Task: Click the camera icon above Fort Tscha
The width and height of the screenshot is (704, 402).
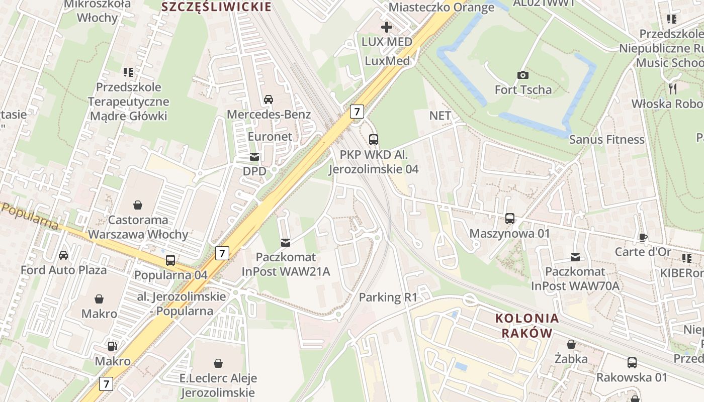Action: pos(523,75)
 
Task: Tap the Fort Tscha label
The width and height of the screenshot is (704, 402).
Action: pos(523,90)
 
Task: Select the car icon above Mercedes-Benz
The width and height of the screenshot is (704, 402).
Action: pos(269,99)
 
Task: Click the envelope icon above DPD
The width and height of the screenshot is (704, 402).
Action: pos(254,157)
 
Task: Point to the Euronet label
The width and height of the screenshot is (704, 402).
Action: pos(270,137)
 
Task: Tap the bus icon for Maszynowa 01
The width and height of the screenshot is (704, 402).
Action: pos(509,219)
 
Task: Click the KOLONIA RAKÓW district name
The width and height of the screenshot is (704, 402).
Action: pos(527,325)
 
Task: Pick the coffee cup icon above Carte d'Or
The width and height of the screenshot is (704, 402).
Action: pos(643,237)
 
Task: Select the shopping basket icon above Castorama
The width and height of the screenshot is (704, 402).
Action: pos(137,205)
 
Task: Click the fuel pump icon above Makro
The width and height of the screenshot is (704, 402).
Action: pos(113,346)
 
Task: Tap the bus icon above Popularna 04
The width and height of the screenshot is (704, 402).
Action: pos(170,260)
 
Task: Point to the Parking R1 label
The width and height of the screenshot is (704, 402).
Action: pos(388,297)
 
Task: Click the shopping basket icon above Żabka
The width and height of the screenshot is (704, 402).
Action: pos(571,344)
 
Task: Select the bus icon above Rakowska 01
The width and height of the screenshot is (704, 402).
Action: pos(632,362)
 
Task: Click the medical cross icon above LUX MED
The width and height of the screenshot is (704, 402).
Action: pos(387,27)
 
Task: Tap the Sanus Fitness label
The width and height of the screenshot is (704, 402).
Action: pos(606,140)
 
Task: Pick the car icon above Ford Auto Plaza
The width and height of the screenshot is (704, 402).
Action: pos(63,255)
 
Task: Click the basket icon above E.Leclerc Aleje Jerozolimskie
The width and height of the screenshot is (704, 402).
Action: pos(218,363)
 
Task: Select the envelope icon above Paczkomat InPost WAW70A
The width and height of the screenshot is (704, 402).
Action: pos(575,257)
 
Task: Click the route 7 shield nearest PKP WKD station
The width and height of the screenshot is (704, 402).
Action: pos(357,111)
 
